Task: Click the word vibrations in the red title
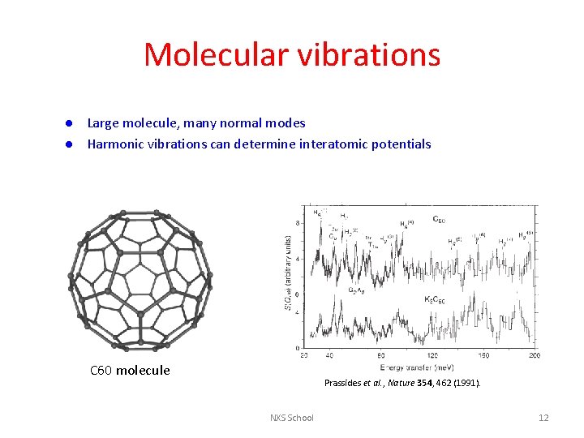tap(372, 55)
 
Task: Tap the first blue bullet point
tap(71, 123)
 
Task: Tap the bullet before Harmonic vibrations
tap(71, 144)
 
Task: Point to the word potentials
tap(401, 144)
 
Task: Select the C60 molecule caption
tap(130, 371)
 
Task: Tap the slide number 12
tap(543, 418)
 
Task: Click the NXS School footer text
tap(292, 418)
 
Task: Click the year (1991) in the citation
tap(467, 382)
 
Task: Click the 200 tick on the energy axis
tap(535, 355)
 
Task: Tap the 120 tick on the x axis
tap(432, 355)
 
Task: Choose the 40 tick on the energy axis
tap(329, 355)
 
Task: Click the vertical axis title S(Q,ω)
tap(287, 272)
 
